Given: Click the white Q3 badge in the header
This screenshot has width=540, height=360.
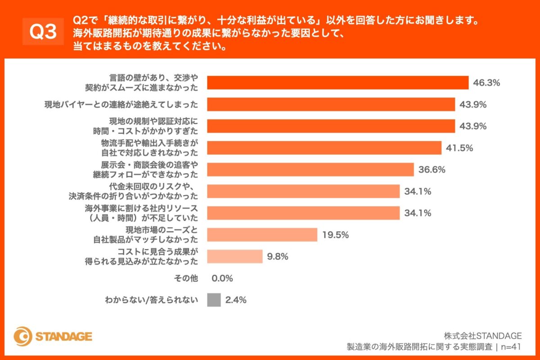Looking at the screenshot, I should pos(43,31).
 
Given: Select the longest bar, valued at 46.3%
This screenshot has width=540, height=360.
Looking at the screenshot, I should pos(337,83).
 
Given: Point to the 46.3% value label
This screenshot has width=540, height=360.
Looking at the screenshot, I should pos(487,83).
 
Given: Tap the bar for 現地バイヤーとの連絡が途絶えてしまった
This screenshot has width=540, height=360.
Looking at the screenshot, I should pos(331,104).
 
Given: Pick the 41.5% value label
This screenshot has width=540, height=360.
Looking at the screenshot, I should pos(459,148).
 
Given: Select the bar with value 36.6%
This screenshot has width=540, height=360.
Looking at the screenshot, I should pos(310,169).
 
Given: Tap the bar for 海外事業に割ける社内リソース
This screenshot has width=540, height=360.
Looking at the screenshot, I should pos(303,213).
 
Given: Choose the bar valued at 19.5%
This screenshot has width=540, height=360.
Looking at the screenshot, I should pos(262,234).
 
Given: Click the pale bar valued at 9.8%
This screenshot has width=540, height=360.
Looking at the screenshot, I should pos(234,256).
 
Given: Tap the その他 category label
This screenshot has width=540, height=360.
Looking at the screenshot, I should pos(186,278).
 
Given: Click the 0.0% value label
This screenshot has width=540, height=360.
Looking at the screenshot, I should pos(222,278).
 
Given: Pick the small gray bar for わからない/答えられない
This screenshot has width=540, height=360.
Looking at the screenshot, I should pos(214,300).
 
